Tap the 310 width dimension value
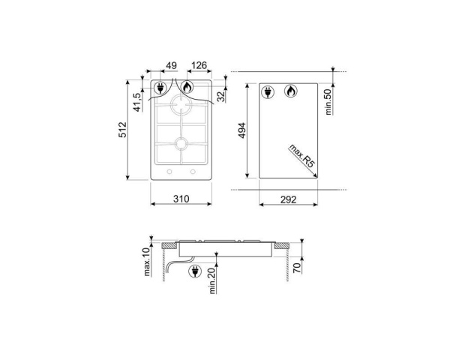(181, 199)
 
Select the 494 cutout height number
(241, 130)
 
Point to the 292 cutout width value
(289, 199)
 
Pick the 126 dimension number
(198, 67)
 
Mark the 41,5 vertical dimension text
(137, 100)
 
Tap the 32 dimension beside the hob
(221, 95)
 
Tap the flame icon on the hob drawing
(187, 88)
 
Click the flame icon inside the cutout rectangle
(289, 91)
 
